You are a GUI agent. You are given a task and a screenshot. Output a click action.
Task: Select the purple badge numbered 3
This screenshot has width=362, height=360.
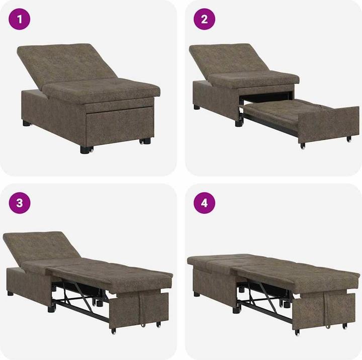pyautogui.click(x=20, y=203)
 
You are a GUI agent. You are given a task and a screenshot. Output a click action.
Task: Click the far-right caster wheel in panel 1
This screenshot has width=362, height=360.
pyautogui.click(x=146, y=141)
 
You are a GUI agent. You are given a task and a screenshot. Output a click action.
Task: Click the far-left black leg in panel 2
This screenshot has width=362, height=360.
pyautogui.click(x=196, y=107)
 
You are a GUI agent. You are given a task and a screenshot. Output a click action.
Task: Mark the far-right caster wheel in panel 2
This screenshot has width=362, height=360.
pyautogui.click(x=348, y=138)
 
